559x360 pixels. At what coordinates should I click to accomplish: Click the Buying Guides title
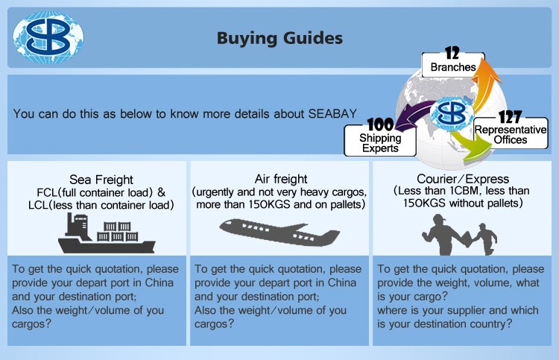click(x=279, y=39)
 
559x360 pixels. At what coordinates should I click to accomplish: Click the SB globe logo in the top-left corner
click(x=48, y=37)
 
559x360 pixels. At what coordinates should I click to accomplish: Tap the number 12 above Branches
click(x=452, y=54)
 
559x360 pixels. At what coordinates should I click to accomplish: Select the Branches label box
click(x=453, y=66)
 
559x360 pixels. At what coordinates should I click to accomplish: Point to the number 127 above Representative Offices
click(x=510, y=117)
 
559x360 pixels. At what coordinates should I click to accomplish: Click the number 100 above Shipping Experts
click(x=380, y=124)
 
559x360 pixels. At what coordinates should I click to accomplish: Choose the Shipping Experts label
click(x=380, y=143)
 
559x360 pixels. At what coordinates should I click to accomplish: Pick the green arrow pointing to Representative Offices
click(x=470, y=146)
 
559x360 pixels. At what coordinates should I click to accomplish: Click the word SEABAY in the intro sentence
click(x=332, y=113)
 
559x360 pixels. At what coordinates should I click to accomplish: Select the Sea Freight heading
click(x=101, y=180)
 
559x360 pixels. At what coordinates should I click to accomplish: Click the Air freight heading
click(x=281, y=179)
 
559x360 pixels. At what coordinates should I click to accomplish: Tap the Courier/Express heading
click(x=463, y=179)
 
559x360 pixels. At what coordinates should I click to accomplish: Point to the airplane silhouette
click(x=279, y=233)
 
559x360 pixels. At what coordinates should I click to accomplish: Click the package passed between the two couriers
click(x=467, y=239)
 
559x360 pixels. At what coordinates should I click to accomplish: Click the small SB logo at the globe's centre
click(x=452, y=114)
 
